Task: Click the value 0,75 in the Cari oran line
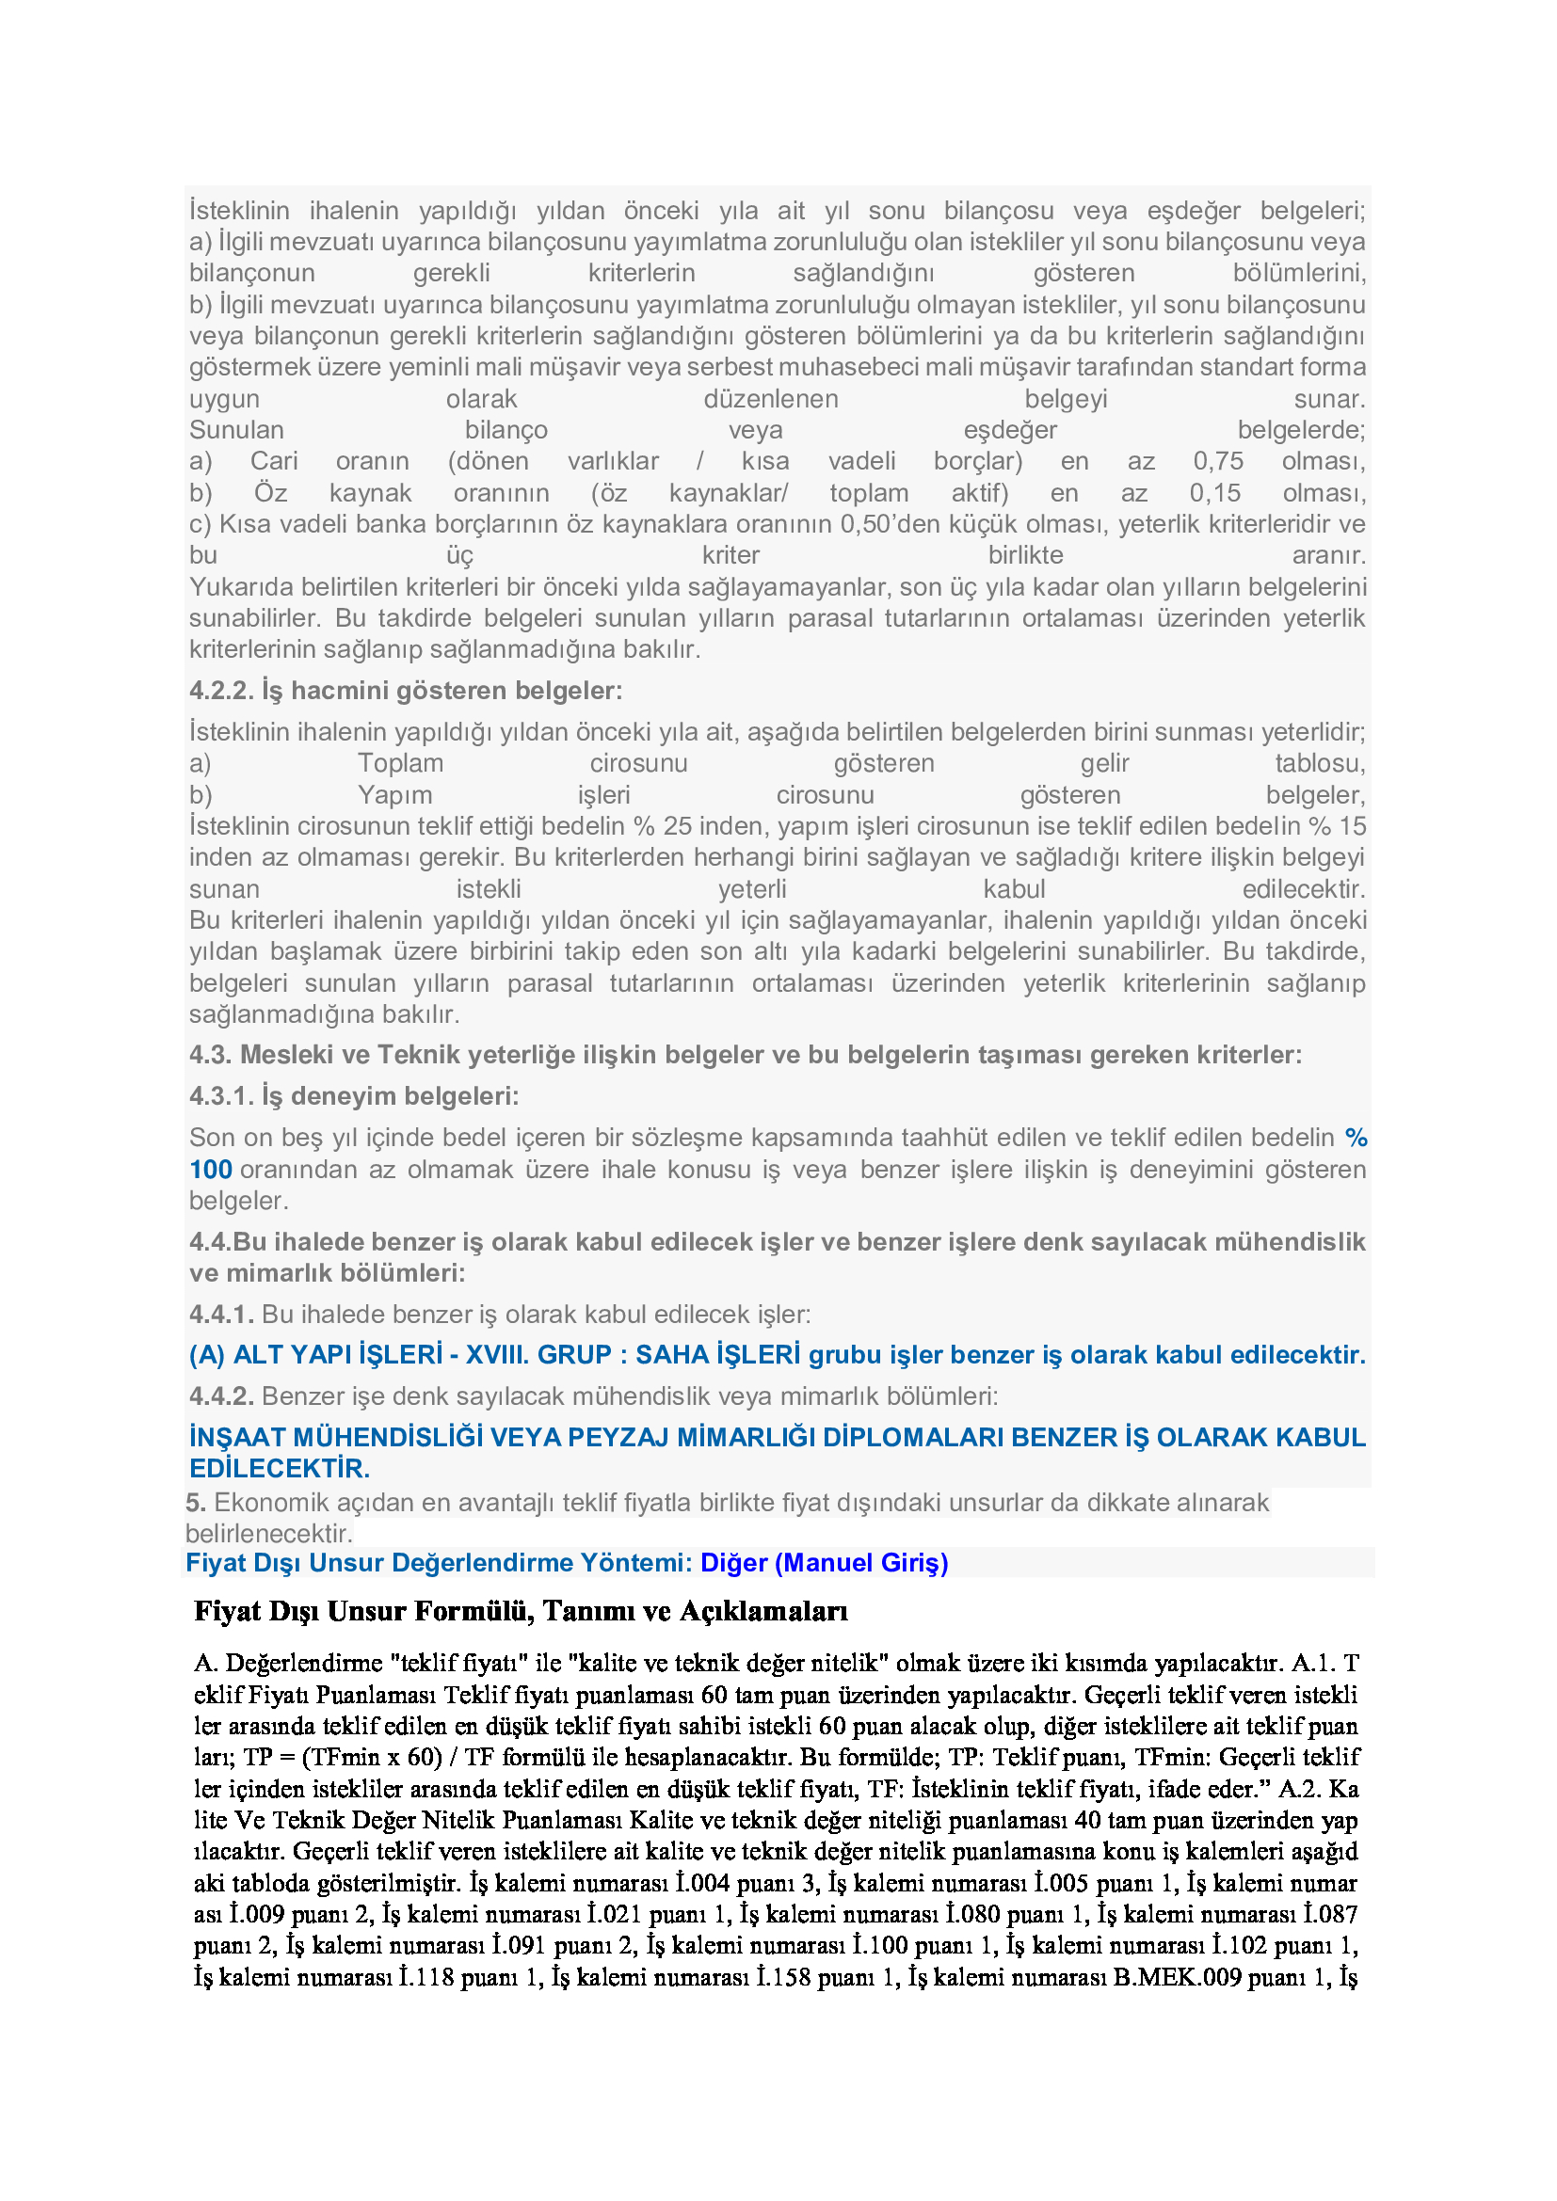click(1217, 461)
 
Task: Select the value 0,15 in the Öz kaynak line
click(1214, 493)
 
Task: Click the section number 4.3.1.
click(221, 1095)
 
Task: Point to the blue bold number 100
click(211, 1170)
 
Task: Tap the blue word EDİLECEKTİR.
click(279, 1469)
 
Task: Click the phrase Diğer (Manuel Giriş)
click(825, 1563)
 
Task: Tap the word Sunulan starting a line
click(237, 430)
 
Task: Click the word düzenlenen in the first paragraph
click(771, 399)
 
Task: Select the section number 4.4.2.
click(221, 1396)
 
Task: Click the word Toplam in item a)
click(401, 763)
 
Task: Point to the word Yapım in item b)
click(395, 795)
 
